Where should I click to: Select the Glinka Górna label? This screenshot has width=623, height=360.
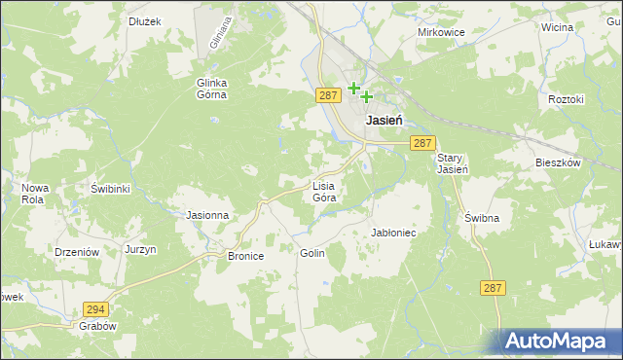click(211, 89)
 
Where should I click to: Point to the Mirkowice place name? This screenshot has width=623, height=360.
click(441, 32)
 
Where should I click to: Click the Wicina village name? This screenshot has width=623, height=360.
click(557, 27)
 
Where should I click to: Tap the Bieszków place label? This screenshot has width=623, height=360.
click(558, 162)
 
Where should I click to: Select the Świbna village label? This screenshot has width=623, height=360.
click(481, 218)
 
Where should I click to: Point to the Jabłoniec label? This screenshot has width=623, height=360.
click(394, 234)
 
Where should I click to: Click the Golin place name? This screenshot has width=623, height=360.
click(311, 252)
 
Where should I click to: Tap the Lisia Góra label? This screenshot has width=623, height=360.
click(324, 191)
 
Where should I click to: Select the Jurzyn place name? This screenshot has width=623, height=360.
click(141, 250)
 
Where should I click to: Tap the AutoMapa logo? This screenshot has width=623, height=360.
click(561, 342)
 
